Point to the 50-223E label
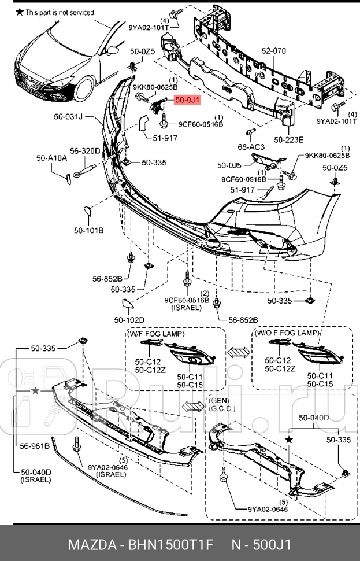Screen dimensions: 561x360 click(288, 139)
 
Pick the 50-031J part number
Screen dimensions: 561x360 click(69, 117)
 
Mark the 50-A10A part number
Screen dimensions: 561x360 click(51, 157)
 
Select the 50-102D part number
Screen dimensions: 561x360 click(129, 319)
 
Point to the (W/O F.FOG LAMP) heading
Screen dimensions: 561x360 click(286, 334)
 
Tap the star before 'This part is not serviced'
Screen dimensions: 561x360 click(19, 12)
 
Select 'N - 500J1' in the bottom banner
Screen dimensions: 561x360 click(261, 545)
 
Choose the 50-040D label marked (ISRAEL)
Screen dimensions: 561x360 click(36, 472)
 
